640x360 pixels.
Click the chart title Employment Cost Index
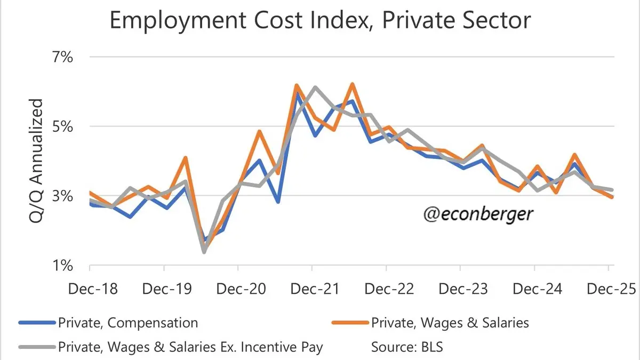tap(320, 21)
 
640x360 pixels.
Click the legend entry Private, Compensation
tap(128, 323)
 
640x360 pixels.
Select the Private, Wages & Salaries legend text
tap(450, 323)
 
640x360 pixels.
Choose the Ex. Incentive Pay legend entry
tap(190, 347)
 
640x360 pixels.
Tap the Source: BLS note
tap(407, 347)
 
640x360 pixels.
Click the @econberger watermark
tap(478, 214)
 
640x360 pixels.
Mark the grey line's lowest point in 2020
tap(204, 252)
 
